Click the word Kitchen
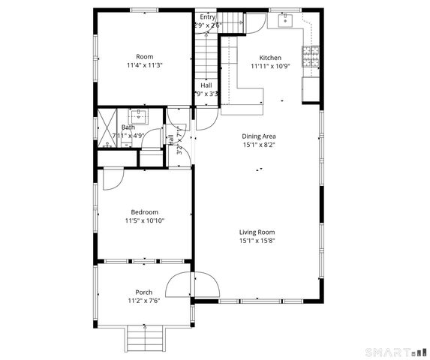[270, 58]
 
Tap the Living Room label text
[257, 232]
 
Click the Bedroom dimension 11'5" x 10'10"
[144, 220]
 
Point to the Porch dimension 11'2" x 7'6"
[144, 301]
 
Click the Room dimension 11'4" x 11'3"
[144, 65]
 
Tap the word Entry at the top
[207, 16]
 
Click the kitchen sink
[285, 21]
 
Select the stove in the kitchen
[309, 54]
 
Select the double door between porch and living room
[193, 285]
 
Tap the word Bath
[128, 127]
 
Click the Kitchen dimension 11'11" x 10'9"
[270, 66]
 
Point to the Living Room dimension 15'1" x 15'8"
[257, 241]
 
